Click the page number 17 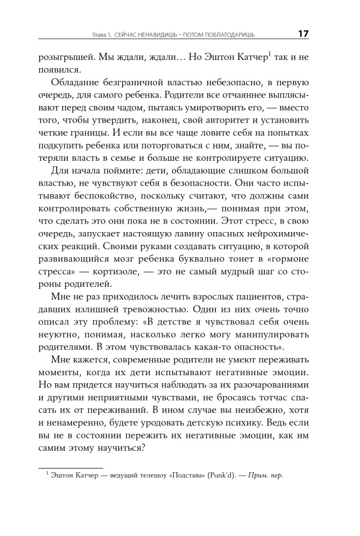[303, 34]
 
